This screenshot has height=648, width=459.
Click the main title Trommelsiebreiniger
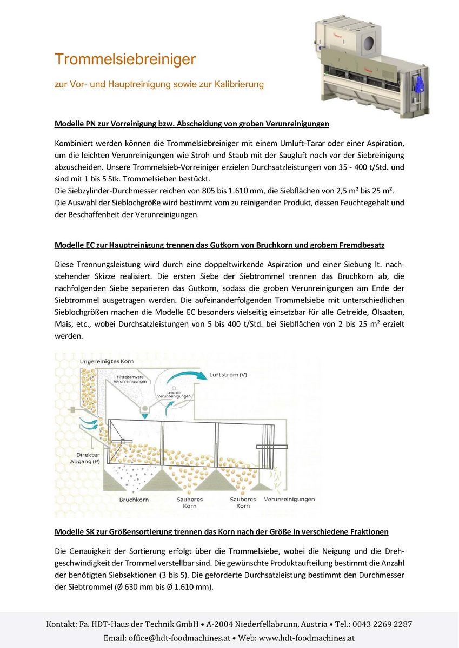coord(125,59)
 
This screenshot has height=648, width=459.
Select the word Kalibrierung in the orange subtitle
coord(239,84)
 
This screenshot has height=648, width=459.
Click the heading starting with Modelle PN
coord(192,124)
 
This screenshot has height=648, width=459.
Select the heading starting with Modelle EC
coord(219,245)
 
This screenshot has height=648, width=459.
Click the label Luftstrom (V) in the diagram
coord(228,374)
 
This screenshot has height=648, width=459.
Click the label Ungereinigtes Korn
coord(107,361)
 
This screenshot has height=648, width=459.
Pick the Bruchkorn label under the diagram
coord(134,500)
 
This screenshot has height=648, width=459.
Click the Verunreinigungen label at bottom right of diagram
coord(289,500)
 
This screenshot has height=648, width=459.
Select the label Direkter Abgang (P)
coord(88,458)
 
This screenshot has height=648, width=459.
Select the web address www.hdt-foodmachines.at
coord(307,638)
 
